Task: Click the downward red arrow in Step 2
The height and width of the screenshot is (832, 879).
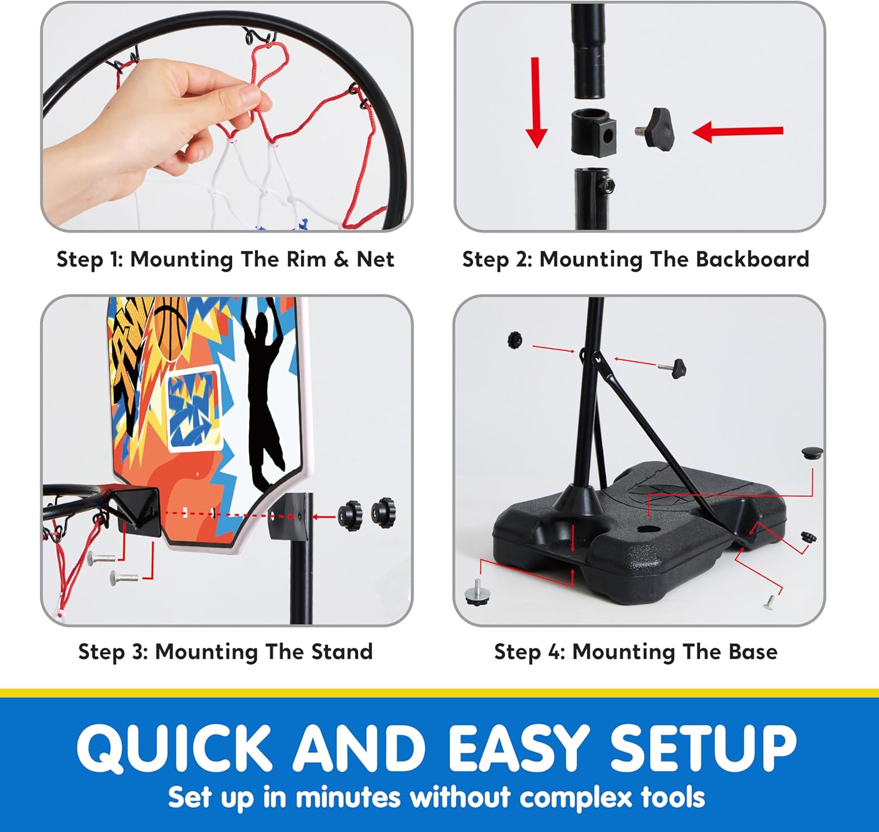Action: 536,103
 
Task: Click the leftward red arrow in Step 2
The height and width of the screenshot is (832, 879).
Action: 737,131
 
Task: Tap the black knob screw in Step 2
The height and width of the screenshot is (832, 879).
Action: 655,129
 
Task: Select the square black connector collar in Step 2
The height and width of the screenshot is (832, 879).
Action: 594,132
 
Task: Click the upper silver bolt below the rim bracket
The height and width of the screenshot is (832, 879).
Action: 101,557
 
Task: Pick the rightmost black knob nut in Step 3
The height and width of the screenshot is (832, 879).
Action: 384,512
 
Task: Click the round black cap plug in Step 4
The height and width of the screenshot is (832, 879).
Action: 812,452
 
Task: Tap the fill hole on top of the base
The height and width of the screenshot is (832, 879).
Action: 645,529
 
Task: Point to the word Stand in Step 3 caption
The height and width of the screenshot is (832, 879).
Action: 342,652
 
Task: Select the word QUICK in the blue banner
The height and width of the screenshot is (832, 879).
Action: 174,747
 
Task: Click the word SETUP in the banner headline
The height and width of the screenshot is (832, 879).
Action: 703,747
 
